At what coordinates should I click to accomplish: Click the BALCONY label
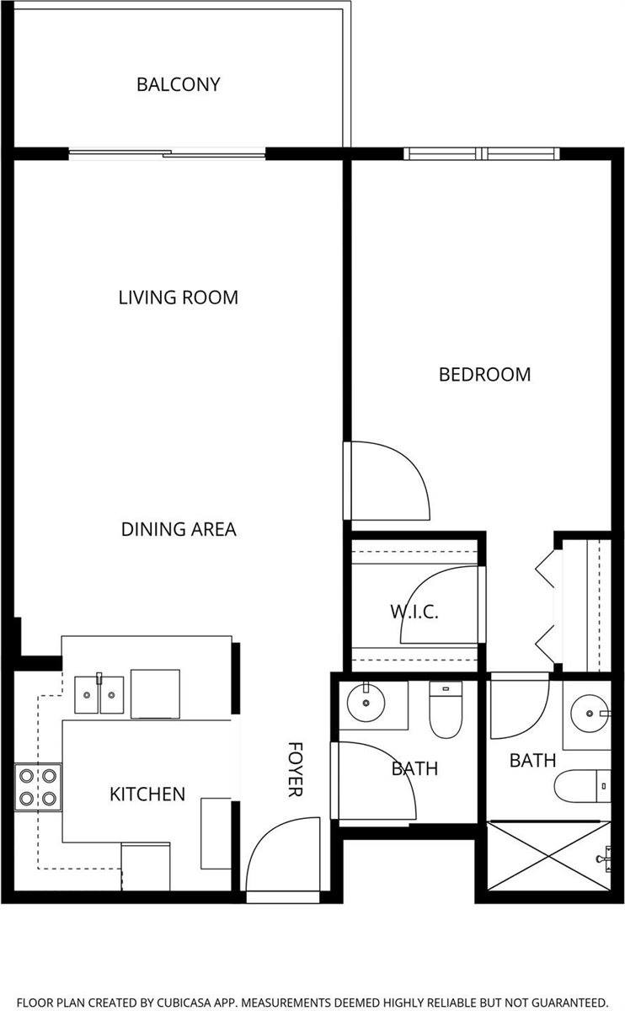point(179,84)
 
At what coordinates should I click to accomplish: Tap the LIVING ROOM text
point(178,297)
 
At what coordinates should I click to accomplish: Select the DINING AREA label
point(179,529)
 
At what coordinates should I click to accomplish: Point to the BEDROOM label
point(484,374)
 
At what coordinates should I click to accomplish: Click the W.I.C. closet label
point(414,612)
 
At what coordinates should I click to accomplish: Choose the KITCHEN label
point(147,794)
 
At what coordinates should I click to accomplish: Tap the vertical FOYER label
point(296,769)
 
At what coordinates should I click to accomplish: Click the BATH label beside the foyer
point(414,768)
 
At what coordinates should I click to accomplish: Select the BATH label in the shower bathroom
point(532,761)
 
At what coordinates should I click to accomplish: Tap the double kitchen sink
point(99,694)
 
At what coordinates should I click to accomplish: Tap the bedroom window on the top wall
point(481,153)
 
